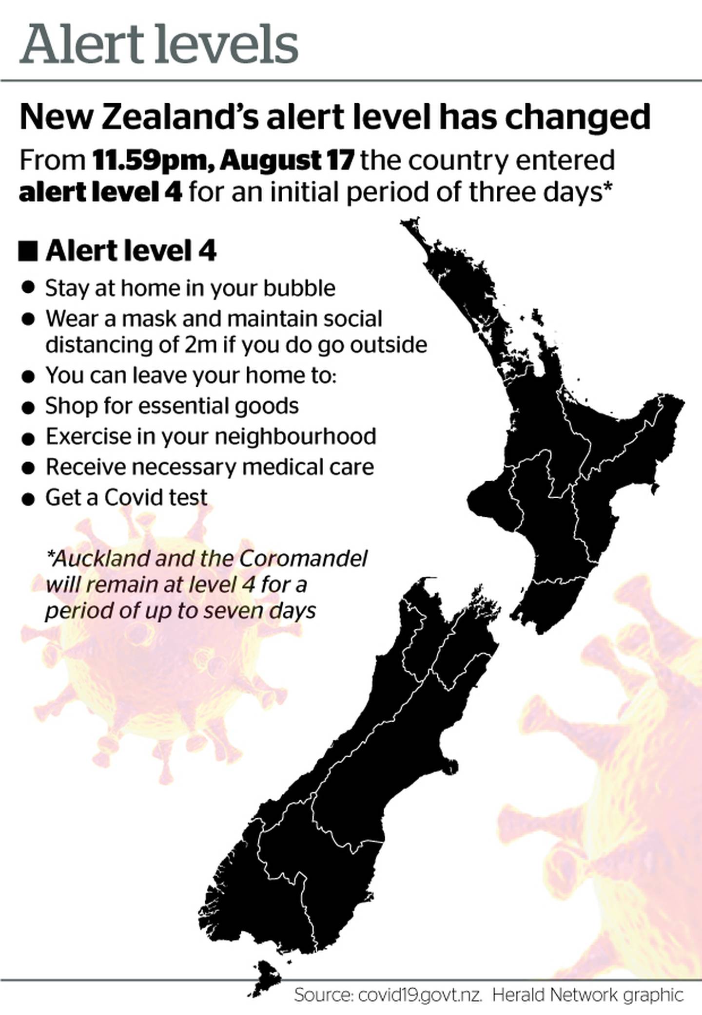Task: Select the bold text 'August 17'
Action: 287,161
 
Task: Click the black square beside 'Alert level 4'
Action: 28,252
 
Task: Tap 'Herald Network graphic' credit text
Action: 588,995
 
